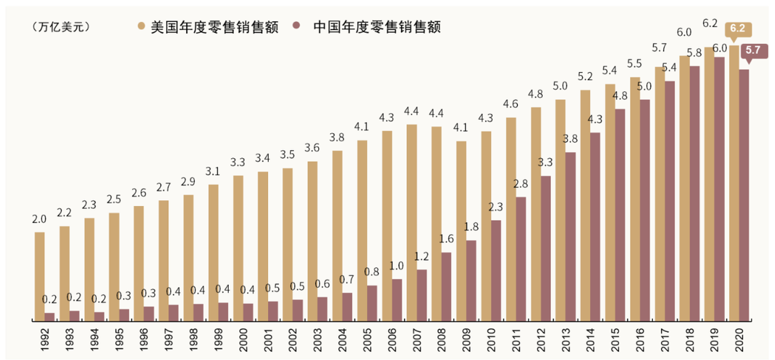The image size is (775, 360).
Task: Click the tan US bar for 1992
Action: tap(39, 277)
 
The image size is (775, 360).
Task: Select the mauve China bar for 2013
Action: tap(570, 237)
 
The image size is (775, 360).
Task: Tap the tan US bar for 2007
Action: tap(412, 223)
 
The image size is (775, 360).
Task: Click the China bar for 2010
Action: tap(496, 271)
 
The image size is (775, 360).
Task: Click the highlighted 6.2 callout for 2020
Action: tap(737, 28)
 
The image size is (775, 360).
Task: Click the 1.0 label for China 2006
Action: tap(397, 266)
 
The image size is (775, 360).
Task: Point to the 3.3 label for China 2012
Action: tap(546, 162)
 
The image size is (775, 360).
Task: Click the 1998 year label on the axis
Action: tap(189, 339)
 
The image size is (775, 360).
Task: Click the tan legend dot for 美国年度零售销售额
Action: tap(141, 27)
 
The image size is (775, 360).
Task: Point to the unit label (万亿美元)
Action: tap(61, 27)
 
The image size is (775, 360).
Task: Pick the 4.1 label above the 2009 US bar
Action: tap(461, 128)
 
